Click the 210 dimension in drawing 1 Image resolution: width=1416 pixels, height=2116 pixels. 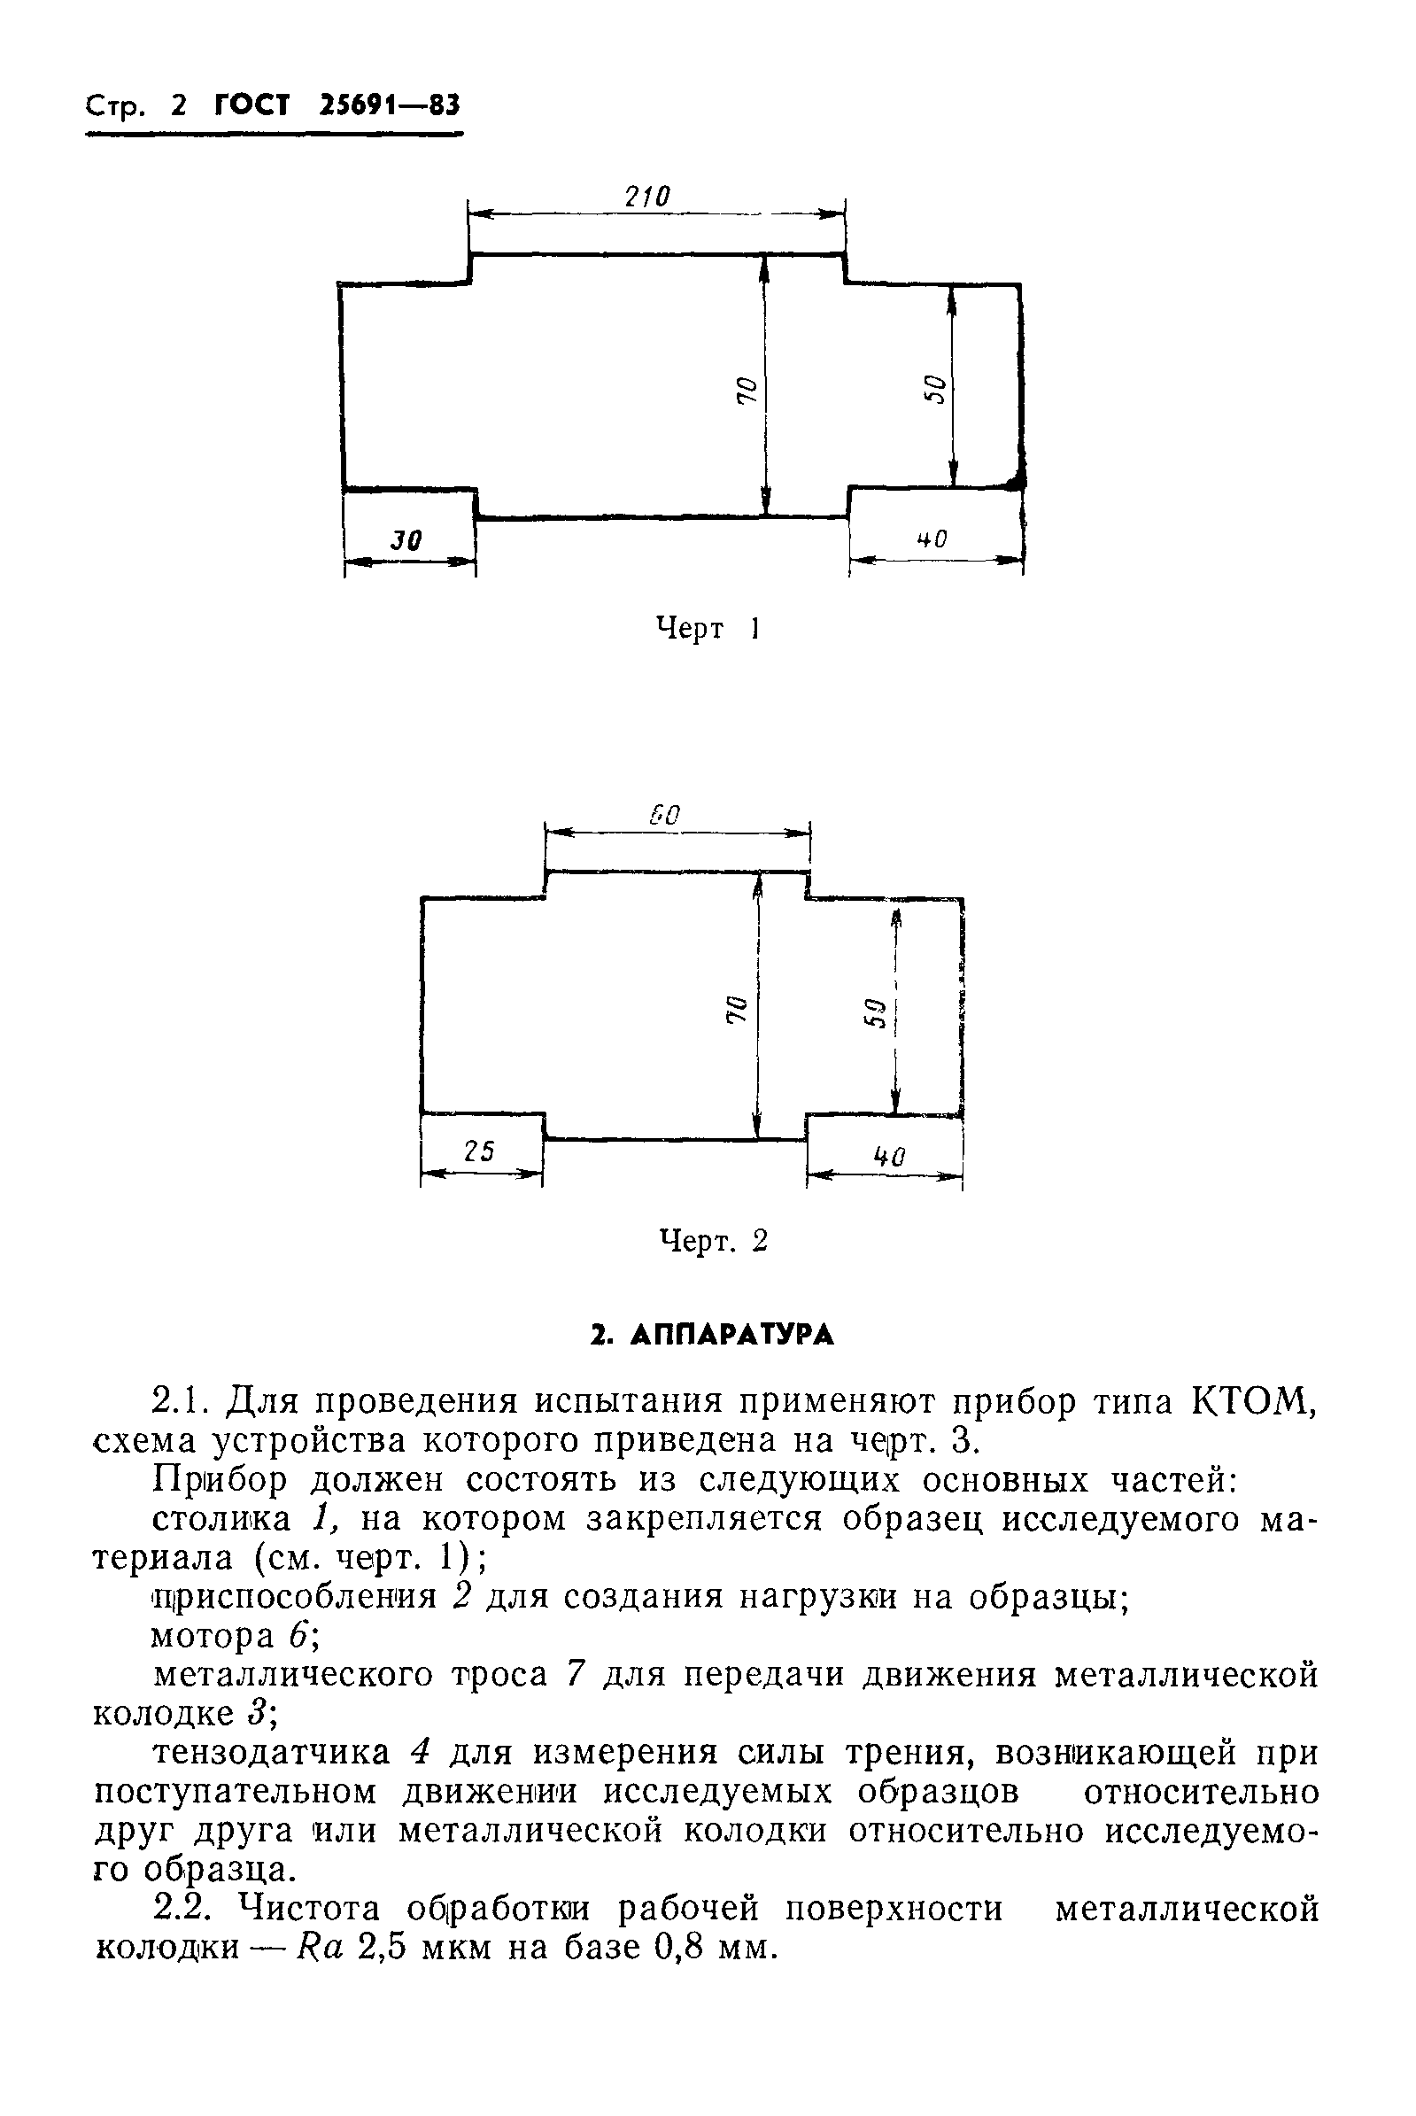tap(647, 196)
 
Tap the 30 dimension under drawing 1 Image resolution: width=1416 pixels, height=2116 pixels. tap(406, 540)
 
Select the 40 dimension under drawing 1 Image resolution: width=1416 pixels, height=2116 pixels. tap(932, 539)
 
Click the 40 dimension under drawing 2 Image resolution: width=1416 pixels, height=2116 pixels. tap(889, 1156)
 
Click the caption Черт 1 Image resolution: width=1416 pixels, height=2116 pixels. tap(706, 629)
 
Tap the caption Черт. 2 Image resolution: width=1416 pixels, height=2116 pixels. tap(713, 1241)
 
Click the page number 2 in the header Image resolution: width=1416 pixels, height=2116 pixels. tap(178, 106)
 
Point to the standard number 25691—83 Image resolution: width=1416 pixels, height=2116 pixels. tap(390, 105)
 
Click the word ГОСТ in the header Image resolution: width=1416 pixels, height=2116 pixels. tap(252, 105)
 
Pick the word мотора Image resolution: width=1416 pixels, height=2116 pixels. tap(213, 1636)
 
